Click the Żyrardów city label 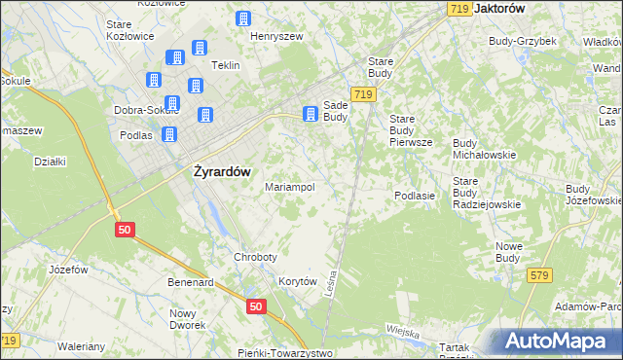(x=216, y=171)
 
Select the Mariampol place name (x=290, y=187)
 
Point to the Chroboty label (x=256, y=257)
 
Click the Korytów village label (x=299, y=281)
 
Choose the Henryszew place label (x=277, y=36)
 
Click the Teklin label (x=226, y=65)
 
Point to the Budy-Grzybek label (x=523, y=41)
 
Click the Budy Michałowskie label (x=484, y=149)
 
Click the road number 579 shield (x=540, y=276)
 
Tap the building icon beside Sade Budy (x=311, y=114)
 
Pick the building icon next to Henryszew (x=242, y=18)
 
